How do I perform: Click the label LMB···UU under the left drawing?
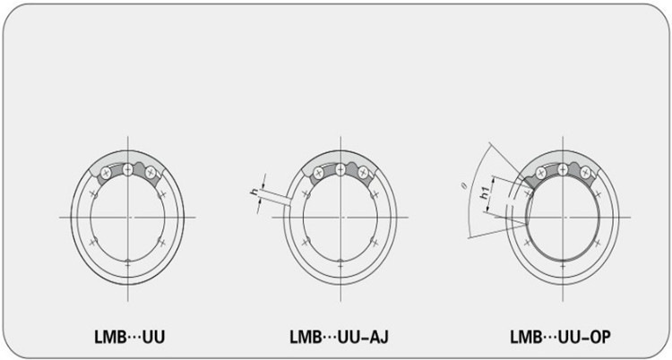tap(129, 338)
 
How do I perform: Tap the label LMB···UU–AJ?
tap(339, 338)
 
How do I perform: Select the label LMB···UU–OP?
tap(560, 338)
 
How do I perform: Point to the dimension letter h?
tap(254, 192)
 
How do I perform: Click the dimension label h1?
tap(485, 193)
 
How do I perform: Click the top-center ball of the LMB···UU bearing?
tap(128, 170)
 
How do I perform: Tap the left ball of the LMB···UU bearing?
tap(106, 173)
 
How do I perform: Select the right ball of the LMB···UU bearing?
tap(150, 173)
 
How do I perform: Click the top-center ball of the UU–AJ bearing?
tap(340, 170)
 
